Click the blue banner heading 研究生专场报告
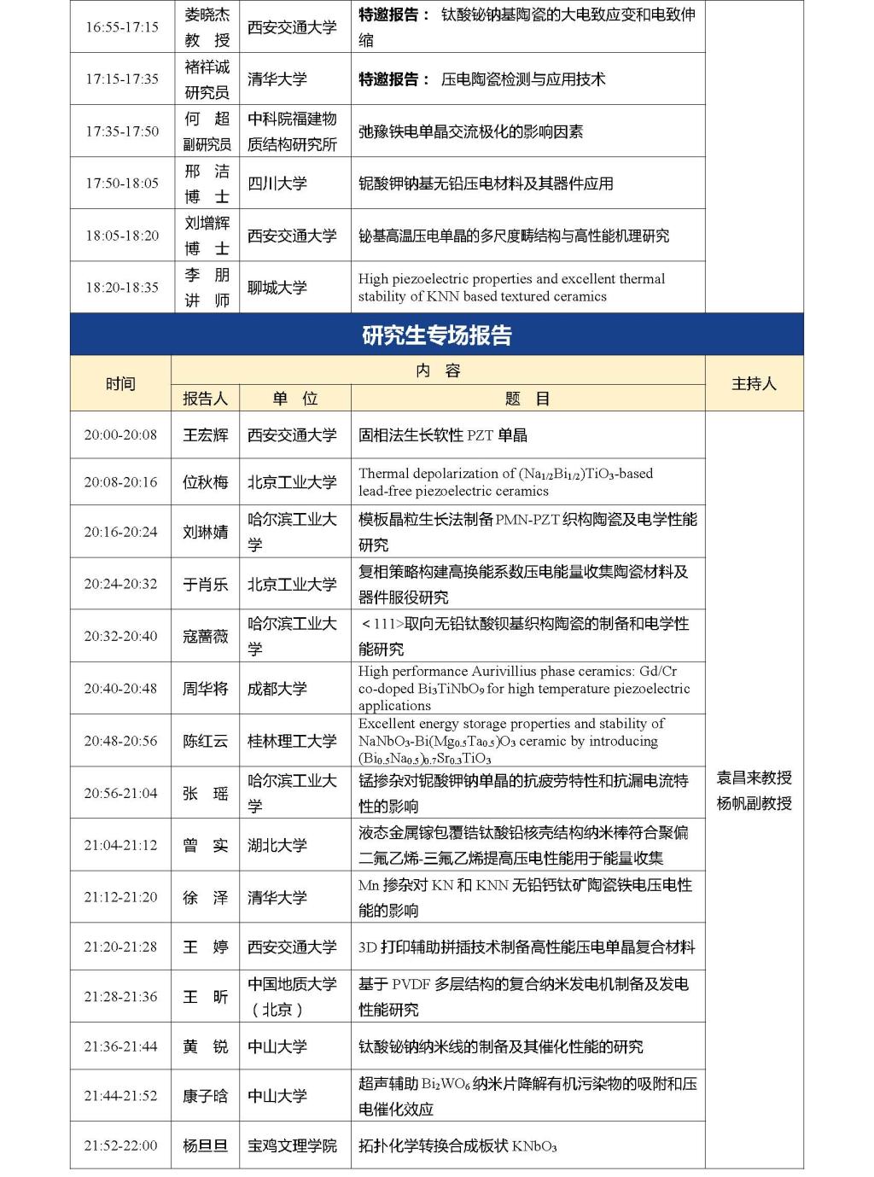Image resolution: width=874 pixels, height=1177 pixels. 436,335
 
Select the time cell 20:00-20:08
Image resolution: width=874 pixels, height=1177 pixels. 120,435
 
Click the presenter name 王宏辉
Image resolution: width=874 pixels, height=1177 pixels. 206,435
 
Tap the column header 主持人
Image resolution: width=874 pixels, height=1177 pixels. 754,384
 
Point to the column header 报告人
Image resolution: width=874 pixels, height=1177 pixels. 206,399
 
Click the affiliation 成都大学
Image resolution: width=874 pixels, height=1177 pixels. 277,688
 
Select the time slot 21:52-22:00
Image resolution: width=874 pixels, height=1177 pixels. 120,1145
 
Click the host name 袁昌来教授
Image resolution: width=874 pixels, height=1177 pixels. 754,778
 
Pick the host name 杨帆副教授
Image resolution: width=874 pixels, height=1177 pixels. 754,803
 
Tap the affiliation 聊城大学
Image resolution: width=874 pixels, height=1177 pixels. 277,288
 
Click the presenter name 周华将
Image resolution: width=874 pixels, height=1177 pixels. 206,688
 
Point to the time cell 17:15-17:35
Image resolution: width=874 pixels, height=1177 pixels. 121,79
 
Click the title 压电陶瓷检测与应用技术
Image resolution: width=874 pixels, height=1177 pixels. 522,79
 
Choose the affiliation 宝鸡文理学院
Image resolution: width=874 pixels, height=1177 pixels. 292,1145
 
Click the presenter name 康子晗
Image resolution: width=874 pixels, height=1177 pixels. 206,1096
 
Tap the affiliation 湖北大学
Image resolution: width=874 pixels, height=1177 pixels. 277,845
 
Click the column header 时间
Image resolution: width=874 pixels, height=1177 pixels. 120,384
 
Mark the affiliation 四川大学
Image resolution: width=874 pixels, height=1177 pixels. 277,184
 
